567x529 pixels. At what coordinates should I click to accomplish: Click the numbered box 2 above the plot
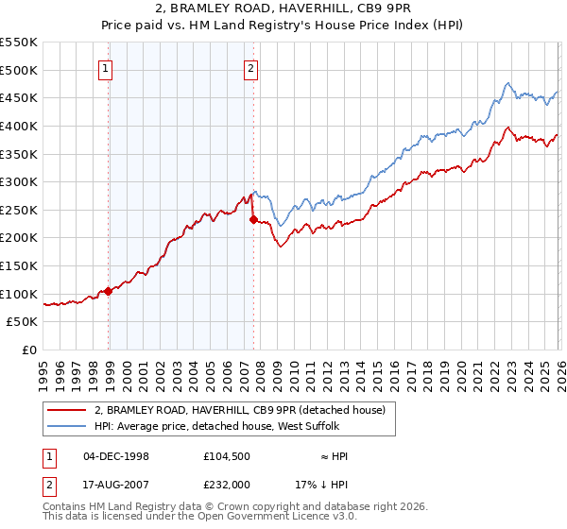pos(251,67)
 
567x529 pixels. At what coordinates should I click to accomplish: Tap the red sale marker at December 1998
pos(109,291)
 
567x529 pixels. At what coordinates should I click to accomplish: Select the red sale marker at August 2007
pos(253,219)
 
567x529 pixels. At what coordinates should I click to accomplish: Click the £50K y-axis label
pos(22,322)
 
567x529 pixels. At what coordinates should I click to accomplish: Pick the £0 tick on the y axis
pos(29,350)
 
